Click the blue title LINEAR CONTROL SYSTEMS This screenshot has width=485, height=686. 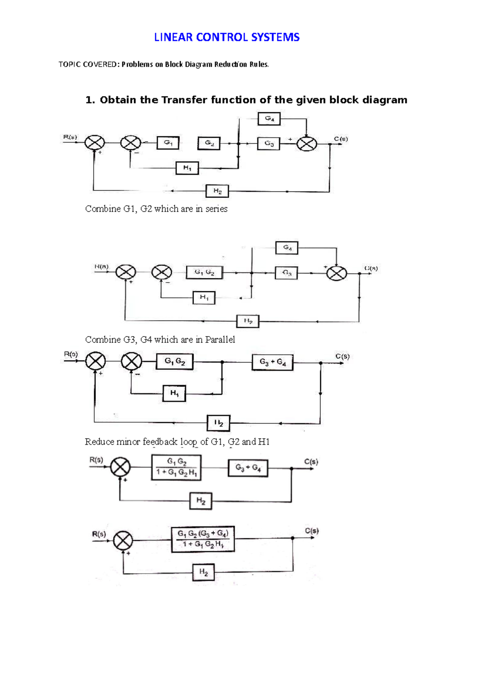(227, 37)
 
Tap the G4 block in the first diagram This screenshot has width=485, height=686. (269, 119)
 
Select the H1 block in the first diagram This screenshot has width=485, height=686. (187, 168)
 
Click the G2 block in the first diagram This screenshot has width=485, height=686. (209, 143)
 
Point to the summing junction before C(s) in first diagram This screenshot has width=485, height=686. (306, 144)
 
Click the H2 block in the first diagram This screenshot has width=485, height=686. (217, 191)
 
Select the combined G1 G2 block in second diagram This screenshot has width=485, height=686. (205, 272)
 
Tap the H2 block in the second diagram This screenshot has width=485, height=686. (248, 321)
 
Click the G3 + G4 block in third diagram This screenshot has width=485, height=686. (272, 362)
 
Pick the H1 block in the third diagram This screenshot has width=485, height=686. (174, 393)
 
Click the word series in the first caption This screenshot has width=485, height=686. (217, 209)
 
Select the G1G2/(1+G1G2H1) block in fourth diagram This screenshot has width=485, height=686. (176, 467)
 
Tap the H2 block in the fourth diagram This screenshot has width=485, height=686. (201, 501)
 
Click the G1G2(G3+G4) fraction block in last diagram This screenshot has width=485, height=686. (203, 539)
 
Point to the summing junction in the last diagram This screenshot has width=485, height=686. (123, 541)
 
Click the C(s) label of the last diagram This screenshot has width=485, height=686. (312, 531)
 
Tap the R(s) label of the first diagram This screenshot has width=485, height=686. (70, 137)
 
